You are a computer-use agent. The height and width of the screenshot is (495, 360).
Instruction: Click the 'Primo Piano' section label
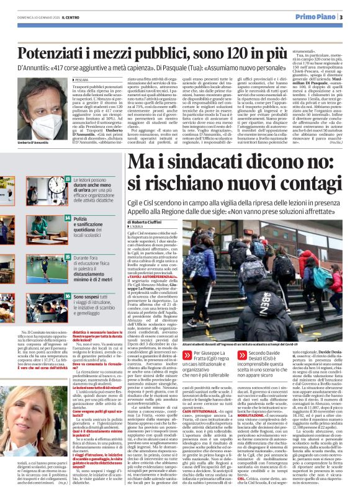coord(317,17)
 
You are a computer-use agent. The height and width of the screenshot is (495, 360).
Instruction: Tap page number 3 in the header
coord(341,17)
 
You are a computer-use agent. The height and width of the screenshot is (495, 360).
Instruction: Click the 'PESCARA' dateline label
coord(86,80)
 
